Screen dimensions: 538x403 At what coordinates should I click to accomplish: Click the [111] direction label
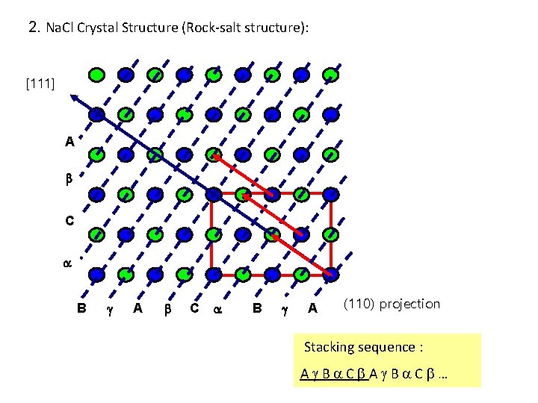click(40, 82)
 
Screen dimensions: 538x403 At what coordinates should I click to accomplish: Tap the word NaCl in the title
click(59, 28)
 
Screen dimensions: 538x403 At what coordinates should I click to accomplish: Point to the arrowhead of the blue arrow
click(72, 96)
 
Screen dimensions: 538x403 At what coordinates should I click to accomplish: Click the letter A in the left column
click(69, 140)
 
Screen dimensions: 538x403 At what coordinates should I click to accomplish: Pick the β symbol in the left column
click(67, 180)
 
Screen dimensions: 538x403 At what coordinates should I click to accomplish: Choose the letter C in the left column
click(69, 221)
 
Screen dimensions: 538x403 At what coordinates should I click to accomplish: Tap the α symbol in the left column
click(67, 263)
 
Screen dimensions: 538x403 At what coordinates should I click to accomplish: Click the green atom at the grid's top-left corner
click(96, 75)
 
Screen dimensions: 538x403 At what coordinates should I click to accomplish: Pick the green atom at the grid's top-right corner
click(330, 75)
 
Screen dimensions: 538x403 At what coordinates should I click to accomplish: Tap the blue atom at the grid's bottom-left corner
click(96, 274)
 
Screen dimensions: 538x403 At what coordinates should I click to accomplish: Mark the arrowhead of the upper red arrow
click(213, 154)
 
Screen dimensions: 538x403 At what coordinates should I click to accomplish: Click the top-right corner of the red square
click(330, 193)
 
